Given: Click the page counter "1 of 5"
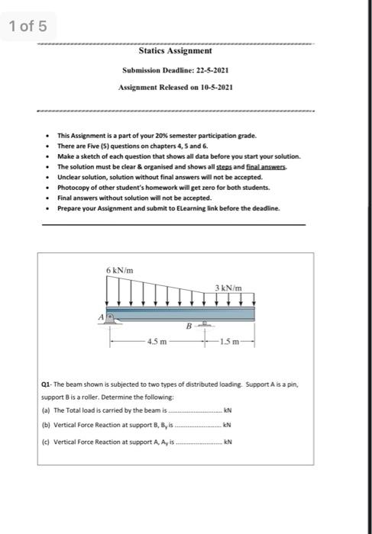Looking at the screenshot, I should (x=28, y=27).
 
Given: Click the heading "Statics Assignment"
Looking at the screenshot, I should (x=175, y=52).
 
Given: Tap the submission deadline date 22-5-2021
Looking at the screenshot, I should (x=212, y=70).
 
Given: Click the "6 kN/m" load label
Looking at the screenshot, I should (x=121, y=271).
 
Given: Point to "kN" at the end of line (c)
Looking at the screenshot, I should (x=226, y=441).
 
